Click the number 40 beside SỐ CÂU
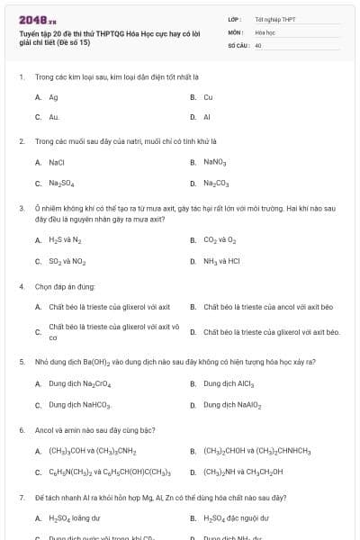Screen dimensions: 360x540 [258, 43]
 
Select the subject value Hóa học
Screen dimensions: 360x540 [265, 31]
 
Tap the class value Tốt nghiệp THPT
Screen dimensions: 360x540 [274, 18]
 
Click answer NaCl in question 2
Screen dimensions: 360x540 [57, 163]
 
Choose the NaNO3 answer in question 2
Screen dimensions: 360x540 [214, 163]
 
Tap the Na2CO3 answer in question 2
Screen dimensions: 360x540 [216, 184]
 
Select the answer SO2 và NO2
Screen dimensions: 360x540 [67, 261]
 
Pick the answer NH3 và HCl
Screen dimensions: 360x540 [221, 261]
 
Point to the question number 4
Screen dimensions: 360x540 [21, 286]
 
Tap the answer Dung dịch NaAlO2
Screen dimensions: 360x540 [232, 405]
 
